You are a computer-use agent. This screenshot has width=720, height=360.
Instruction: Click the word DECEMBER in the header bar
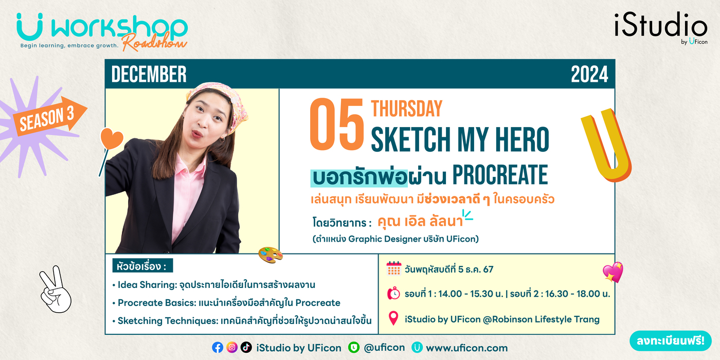[x=149, y=74]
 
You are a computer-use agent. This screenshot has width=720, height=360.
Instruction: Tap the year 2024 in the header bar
[x=589, y=74]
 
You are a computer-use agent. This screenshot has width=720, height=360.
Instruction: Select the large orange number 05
[x=337, y=124]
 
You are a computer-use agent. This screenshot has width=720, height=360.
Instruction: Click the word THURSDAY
[x=407, y=109]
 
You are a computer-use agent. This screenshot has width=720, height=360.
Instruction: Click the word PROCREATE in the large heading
[x=500, y=174]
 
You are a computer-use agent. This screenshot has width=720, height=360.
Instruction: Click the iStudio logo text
[x=661, y=25]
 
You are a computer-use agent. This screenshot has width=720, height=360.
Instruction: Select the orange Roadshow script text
[x=155, y=42]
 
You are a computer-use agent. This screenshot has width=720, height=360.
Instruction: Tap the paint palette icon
[x=271, y=255]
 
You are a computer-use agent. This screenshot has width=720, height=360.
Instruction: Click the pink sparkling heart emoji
[x=613, y=272]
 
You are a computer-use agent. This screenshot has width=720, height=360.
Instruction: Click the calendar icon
[x=394, y=268]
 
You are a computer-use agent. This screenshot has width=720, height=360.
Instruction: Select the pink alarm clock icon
[x=393, y=293]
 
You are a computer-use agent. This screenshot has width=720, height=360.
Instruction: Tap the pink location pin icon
[x=393, y=318]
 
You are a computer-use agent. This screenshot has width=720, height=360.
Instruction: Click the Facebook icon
[x=218, y=348]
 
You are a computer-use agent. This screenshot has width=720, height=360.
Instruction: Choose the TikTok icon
[x=246, y=347]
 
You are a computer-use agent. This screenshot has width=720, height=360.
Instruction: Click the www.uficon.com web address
[x=467, y=348]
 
